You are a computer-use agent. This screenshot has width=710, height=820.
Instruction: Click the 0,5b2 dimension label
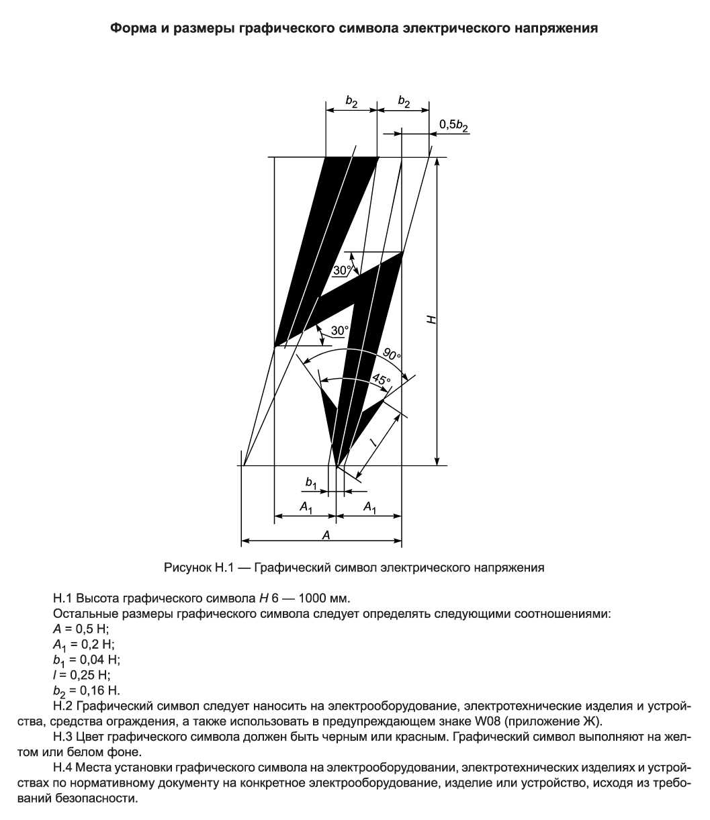click(x=454, y=125)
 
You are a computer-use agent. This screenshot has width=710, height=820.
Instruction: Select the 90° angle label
click(x=392, y=354)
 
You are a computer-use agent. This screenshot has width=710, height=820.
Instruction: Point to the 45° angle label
click(x=380, y=380)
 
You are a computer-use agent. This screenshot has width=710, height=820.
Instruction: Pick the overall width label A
click(x=326, y=535)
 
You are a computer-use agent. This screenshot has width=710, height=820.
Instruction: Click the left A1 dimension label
click(x=306, y=508)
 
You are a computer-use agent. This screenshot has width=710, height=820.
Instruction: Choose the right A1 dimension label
click(x=369, y=508)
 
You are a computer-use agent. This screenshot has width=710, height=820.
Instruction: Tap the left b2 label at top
click(x=352, y=101)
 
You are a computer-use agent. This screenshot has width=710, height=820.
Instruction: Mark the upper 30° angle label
click(x=342, y=270)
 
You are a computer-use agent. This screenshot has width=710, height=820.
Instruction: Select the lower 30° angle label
click(x=340, y=330)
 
